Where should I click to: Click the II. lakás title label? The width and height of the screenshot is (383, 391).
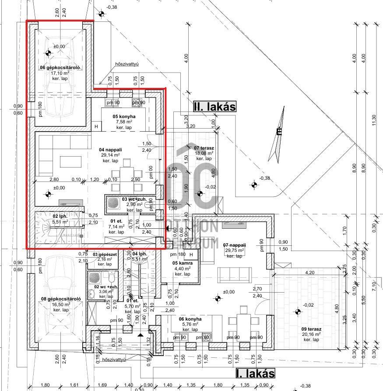pos(214,106)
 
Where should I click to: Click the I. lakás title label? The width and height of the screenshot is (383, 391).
pos(255,374)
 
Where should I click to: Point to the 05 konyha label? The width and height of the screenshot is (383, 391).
pos(124,117)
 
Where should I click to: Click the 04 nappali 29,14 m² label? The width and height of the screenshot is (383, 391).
pos(109,150)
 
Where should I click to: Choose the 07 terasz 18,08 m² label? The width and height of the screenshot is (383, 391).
pos(203,148)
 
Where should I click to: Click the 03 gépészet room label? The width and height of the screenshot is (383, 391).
pos(105,254)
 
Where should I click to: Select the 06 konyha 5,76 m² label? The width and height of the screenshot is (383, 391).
pos(190,319)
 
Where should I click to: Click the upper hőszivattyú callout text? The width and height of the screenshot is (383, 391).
pos(126,64)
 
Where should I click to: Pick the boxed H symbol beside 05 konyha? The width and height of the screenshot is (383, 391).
pos(96,126)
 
